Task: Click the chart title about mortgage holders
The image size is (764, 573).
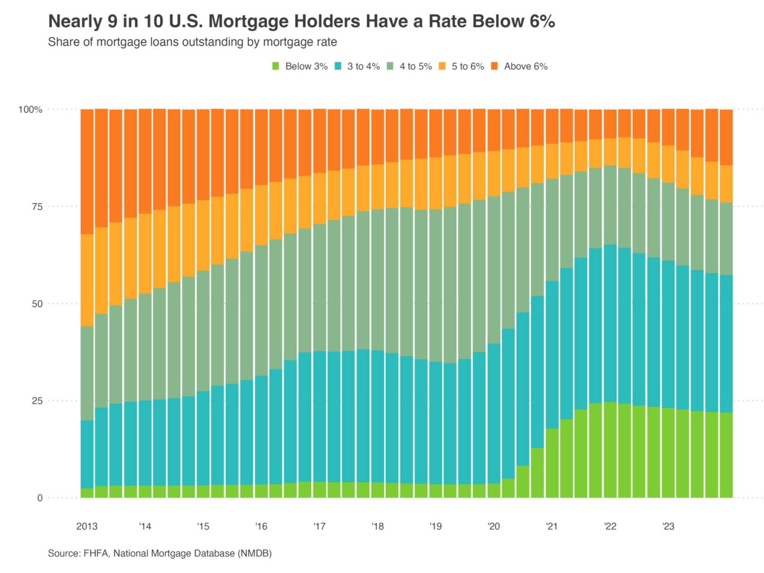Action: click(301, 21)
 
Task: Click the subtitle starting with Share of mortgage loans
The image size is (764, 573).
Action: click(192, 42)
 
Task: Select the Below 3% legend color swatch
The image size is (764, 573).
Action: click(275, 66)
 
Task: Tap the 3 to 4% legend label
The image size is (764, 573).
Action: click(363, 66)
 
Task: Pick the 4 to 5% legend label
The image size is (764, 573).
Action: click(416, 66)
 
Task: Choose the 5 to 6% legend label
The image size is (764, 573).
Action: click(468, 66)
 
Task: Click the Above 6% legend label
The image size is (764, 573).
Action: click(526, 66)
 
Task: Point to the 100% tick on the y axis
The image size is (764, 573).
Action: click(30, 110)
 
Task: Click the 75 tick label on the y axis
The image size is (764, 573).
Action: click(37, 207)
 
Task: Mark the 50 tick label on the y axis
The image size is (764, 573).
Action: click(37, 304)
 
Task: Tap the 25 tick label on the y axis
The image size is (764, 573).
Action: click(37, 401)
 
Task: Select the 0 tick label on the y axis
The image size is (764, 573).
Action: click(40, 498)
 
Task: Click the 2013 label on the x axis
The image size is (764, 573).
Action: click(87, 526)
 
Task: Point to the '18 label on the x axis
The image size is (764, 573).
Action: click(377, 526)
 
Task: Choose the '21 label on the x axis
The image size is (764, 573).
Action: click(552, 526)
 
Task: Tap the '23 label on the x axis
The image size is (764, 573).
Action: click(668, 526)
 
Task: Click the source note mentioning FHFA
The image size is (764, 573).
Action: click(160, 554)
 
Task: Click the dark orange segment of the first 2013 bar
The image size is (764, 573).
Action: click(87, 172)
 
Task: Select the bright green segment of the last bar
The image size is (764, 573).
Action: click(726, 455)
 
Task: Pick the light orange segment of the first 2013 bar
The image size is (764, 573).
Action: click(87, 280)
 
